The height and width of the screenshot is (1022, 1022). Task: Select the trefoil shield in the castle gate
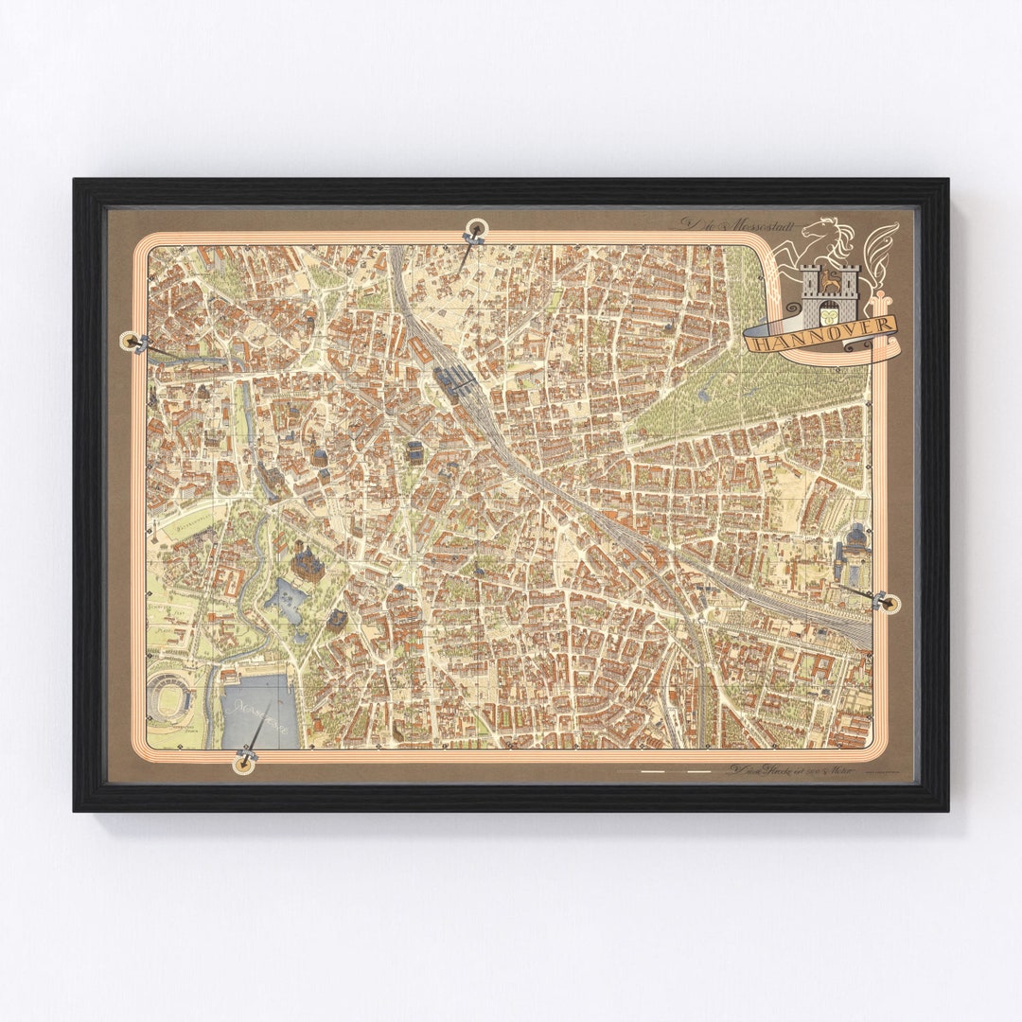click(x=829, y=309)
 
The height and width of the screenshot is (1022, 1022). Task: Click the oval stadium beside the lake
click(x=171, y=700)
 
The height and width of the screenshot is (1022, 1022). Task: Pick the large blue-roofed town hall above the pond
click(x=308, y=562)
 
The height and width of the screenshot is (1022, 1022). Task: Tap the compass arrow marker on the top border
click(x=473, y=232)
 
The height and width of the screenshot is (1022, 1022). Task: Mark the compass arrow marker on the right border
click(x=884, y=601)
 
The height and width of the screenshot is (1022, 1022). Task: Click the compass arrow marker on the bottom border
click(x=247, y=758)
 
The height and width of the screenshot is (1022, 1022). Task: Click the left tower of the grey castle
click(x=810, y=282)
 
